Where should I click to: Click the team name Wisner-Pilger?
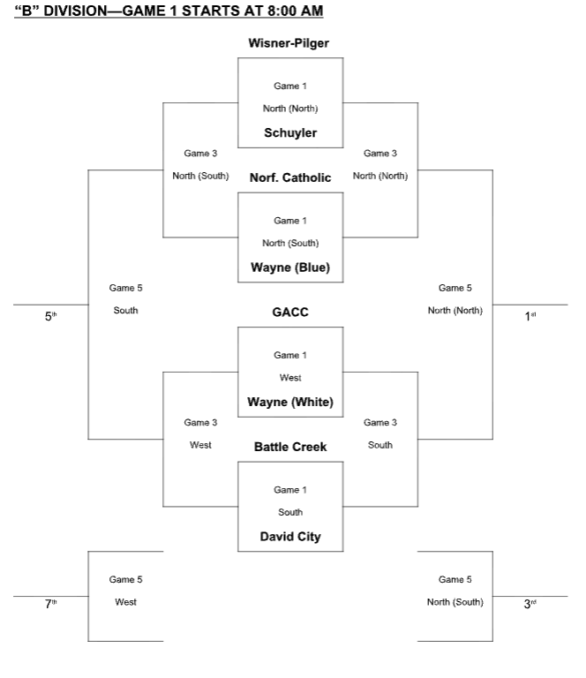pyautogui.click(x=289, y=42)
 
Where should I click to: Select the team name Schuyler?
pyautogui.click(x=289, y=133)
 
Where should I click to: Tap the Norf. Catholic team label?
pyautogui.click(x=289, y=177)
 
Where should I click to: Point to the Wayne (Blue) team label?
pyautogui.click(x=289, y=268)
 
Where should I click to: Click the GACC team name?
pyautogui.click(x=289, y=313)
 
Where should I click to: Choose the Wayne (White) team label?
pyautogui.click(x=289, y=403)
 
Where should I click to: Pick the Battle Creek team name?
pyautogui.click(x=289, y=447)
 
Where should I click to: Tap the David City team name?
pyautogui.click(x=289, y=537)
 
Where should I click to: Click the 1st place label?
pyautogui.click(x=530, y=315)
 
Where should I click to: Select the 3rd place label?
pyautogui.click(x=530, y=604)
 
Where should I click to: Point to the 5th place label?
pyautogui.click(x=50, y=315)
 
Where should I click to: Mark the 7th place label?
pyautogui.click(x=50, y=604)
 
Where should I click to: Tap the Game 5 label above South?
pyautogui.click(x=125, y=288)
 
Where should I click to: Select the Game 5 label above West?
pyautogui.click(x=125, y=580)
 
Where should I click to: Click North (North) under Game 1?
pyautogui.click(x=289, y=109)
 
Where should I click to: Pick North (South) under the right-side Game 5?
pyautogui.click(x=455, y=603)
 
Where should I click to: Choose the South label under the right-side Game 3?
pyautogui.click(x=379, y=445)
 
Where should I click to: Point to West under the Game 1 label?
pyautogui.click(x=289, y=378)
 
